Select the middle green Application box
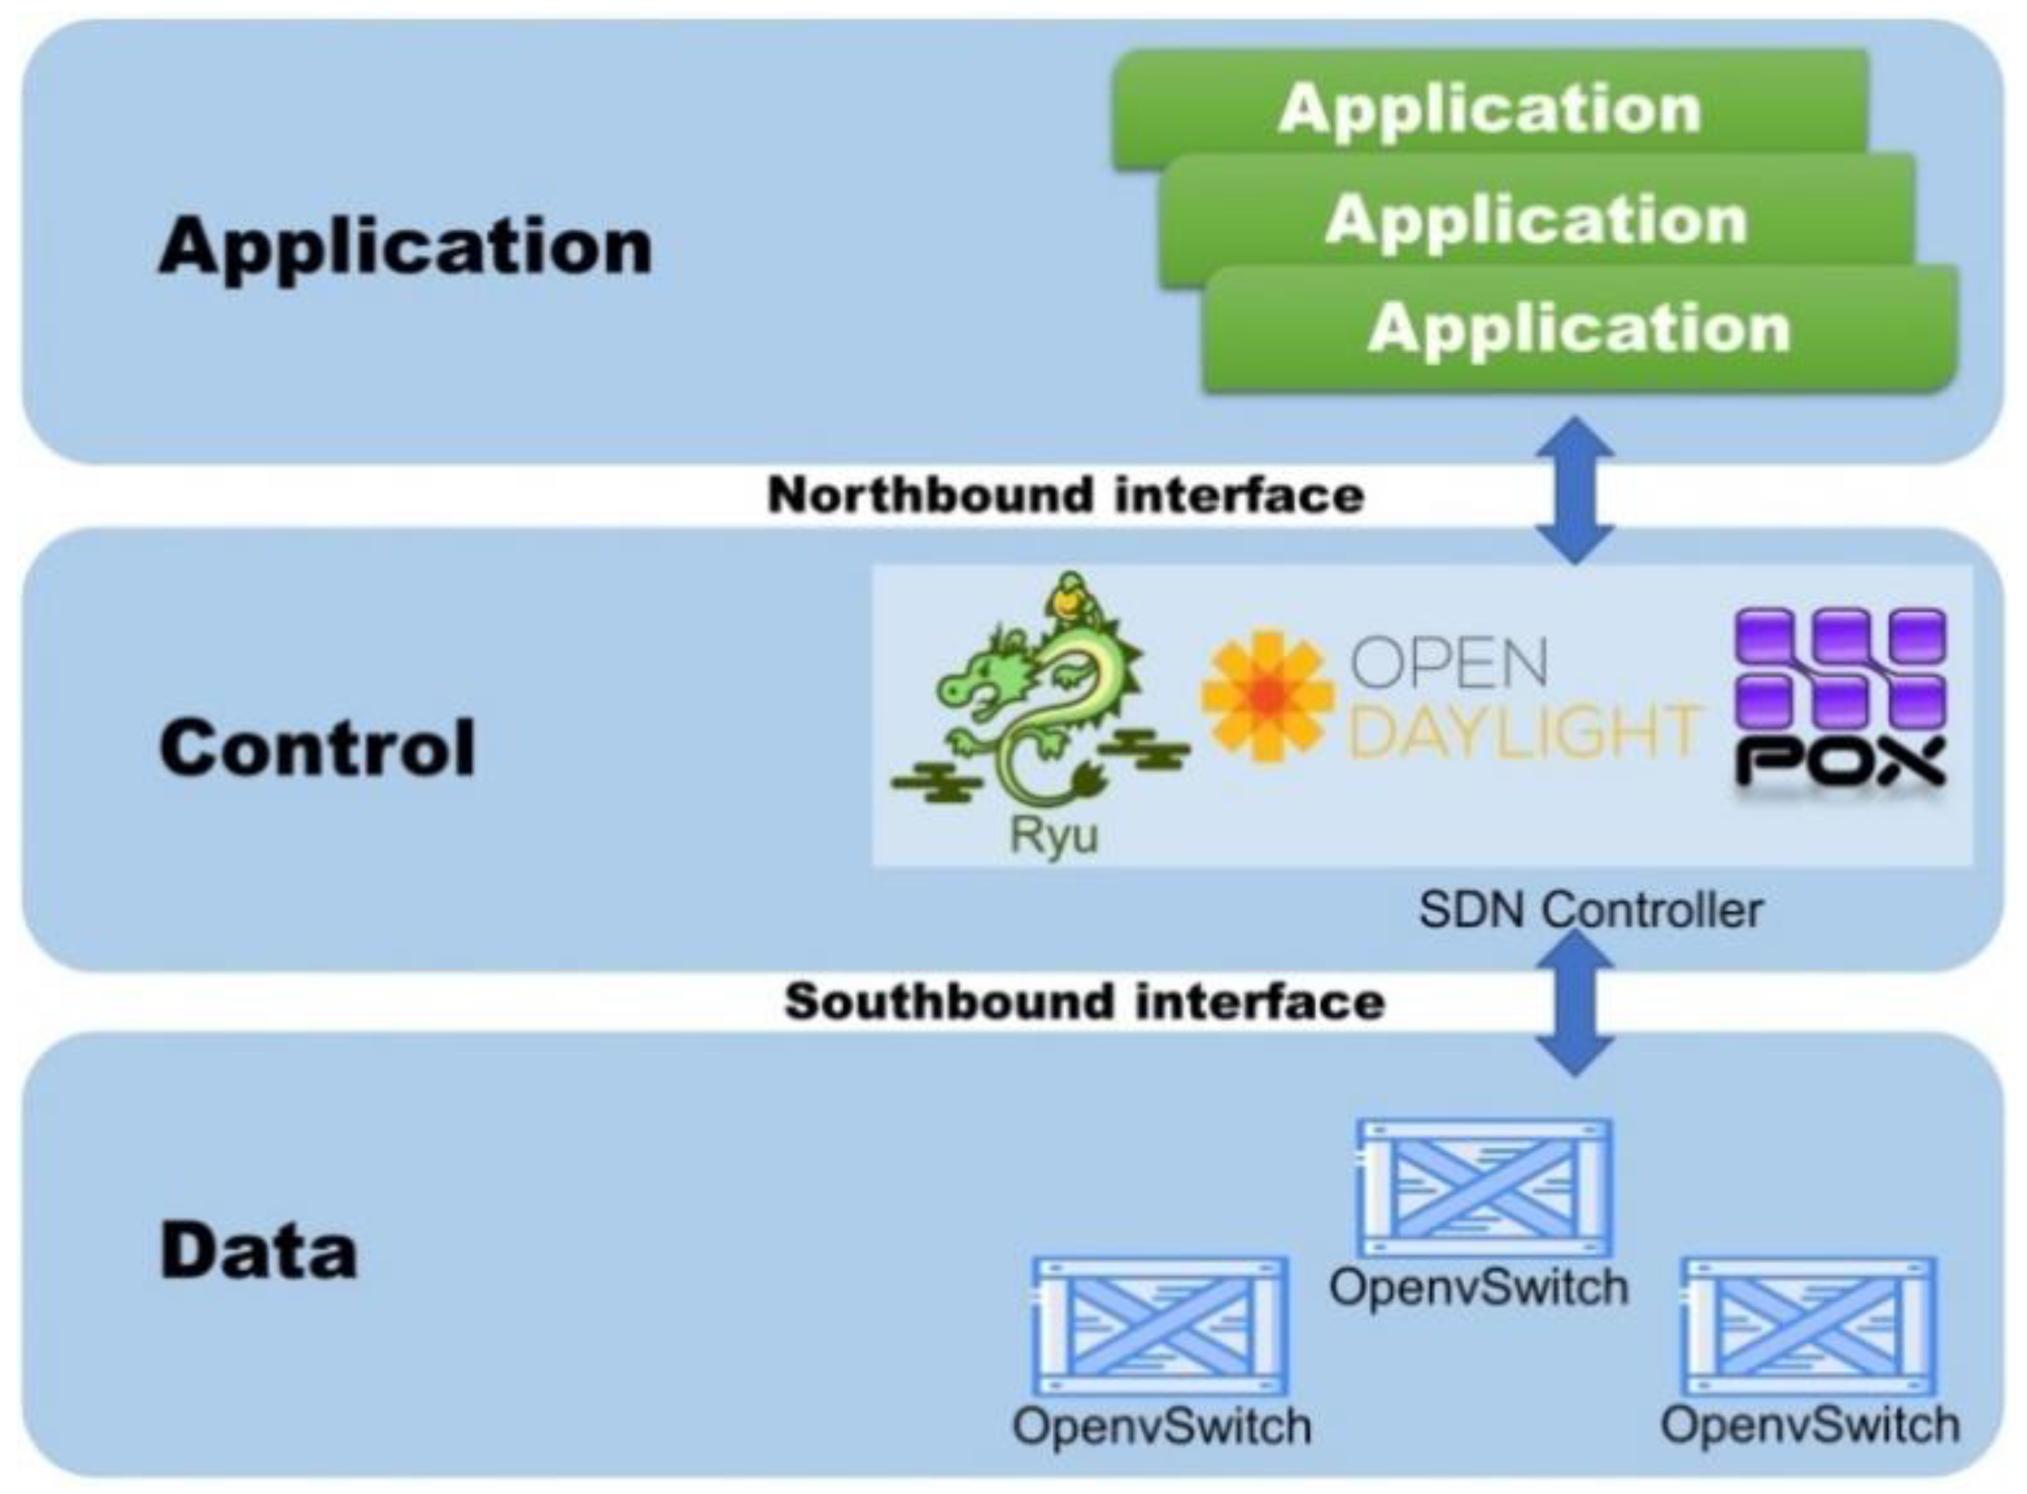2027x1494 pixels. coord(1536,220)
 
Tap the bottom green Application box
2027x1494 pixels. coord(1579,327)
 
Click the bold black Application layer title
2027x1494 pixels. coord(404,247)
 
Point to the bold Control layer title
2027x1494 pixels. coord(317,748)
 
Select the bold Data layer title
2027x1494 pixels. coord(258,1252)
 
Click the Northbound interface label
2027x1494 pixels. coord(1065,495)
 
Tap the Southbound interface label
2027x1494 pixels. coord(1084,1002)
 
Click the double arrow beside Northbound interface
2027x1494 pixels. coord(1575,491)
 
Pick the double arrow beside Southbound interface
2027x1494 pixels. coord(1575,1004)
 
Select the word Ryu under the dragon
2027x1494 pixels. coord(1053,834)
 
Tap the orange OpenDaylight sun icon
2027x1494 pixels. coord(1268,694)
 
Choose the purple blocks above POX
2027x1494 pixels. coord(1839,667)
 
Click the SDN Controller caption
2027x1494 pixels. coord(1590,910)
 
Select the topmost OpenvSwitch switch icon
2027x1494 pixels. coord(1484,1188)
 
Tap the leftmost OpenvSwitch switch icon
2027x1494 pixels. coord(1161,1327)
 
